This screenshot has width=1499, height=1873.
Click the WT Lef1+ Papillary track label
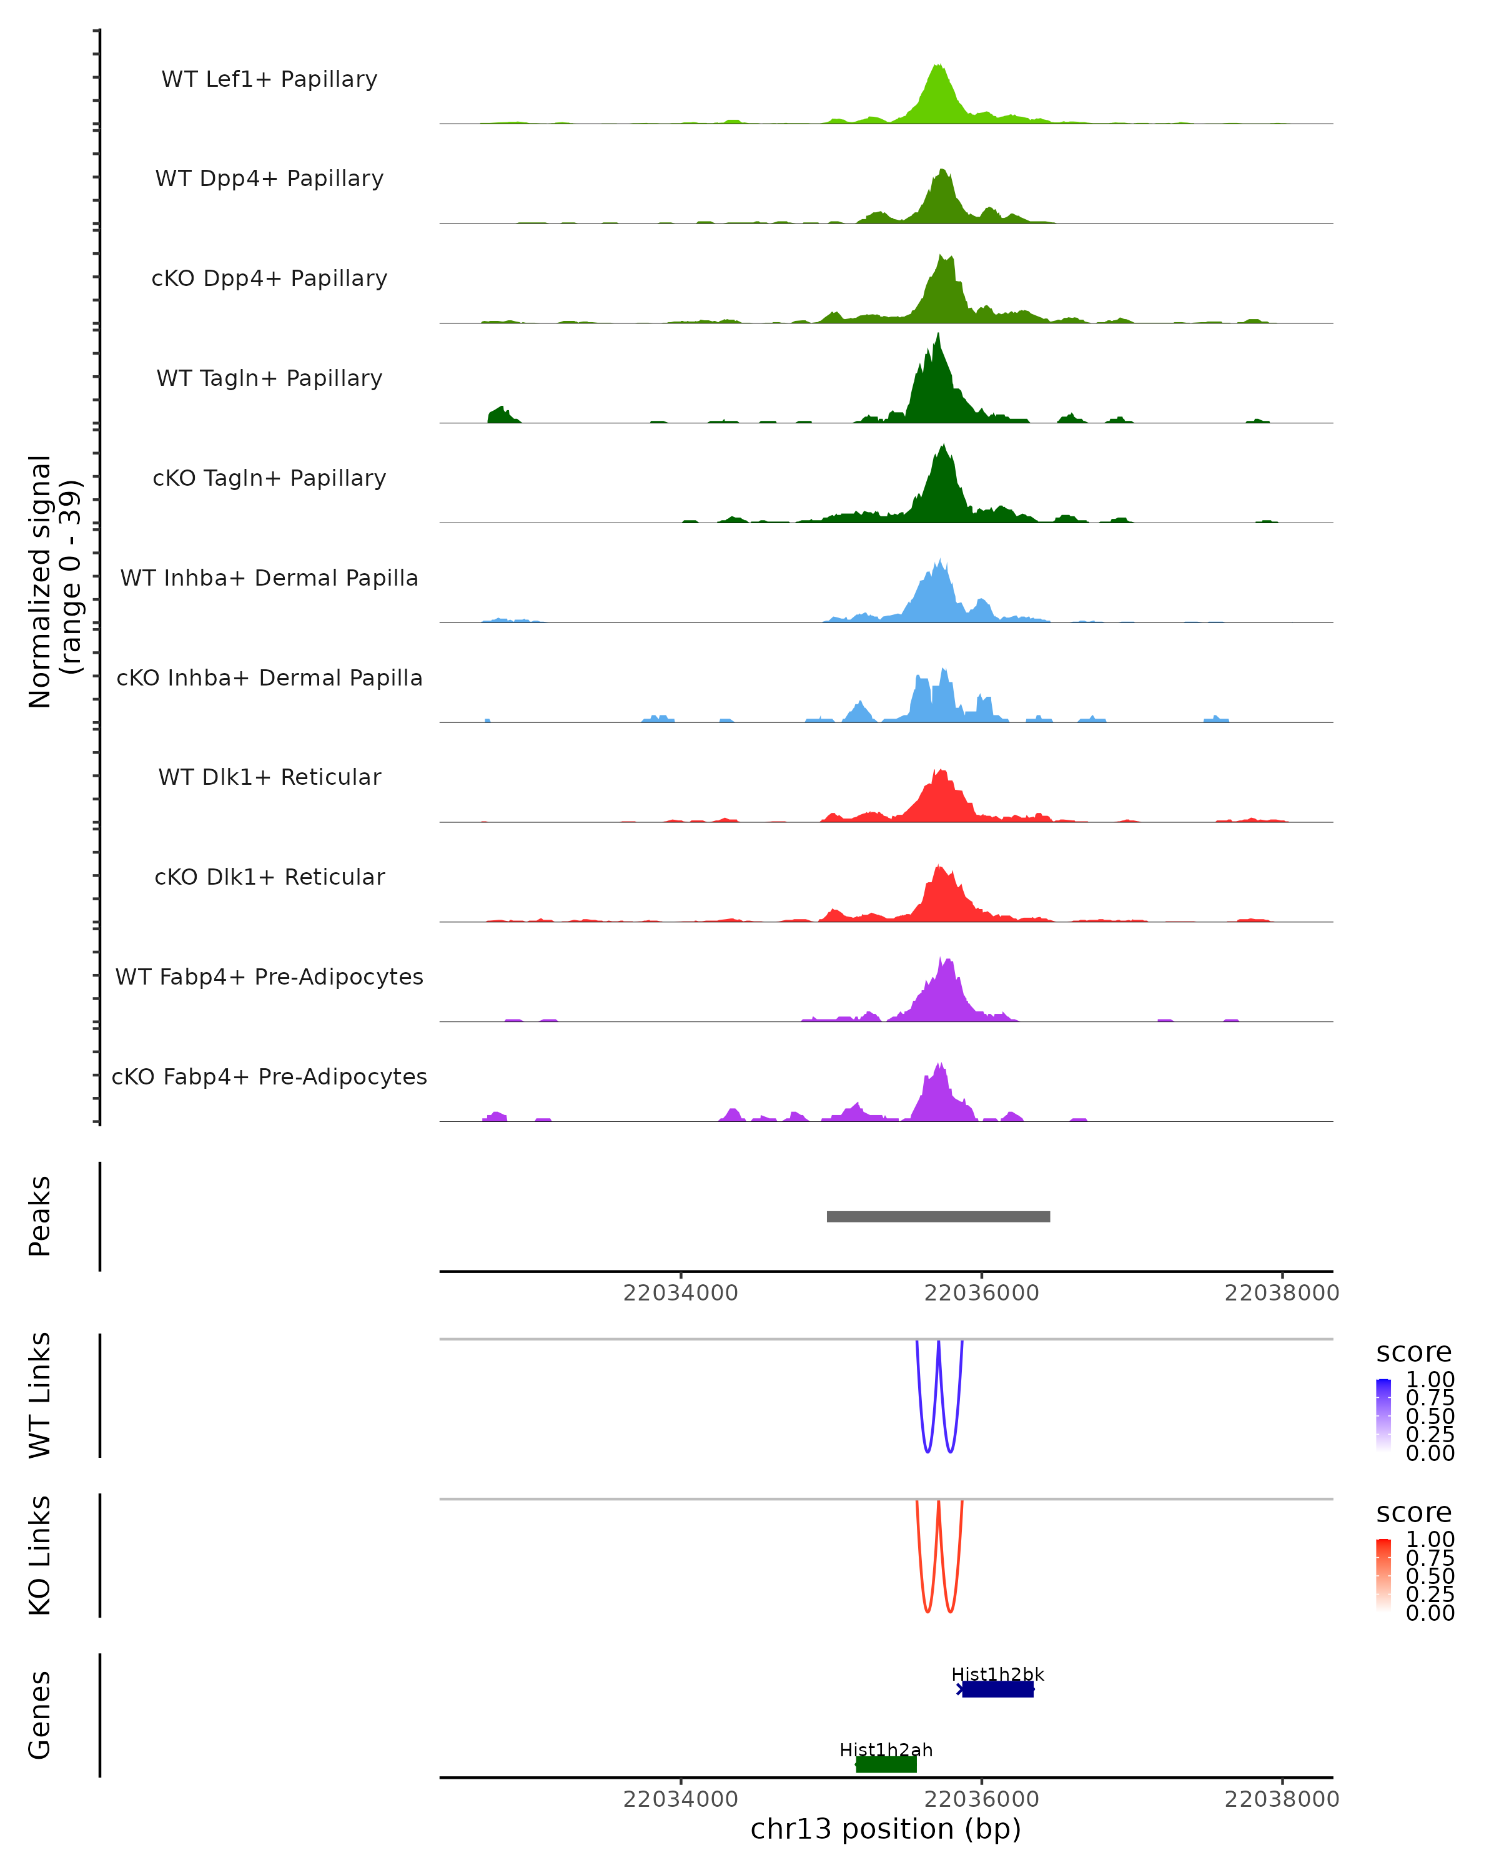pyautogui.click(x=269, y=79)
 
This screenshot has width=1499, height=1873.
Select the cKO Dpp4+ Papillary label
pyautogui.click(x=269, y=278)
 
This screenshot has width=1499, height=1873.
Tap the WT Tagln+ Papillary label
pyautogui.click(x=269, y=378)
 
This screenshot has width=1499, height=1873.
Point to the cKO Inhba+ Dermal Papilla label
pyautogui.click(x=269, y=677)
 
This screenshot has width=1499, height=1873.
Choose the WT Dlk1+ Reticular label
pyautogui.click(x=269, y=777)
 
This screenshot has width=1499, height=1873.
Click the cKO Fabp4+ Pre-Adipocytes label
pyautogui.click(x=269, y=1076)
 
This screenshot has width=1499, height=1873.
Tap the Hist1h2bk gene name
pyautogui.click(x=997, y=1674)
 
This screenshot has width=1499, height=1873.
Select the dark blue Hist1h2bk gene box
pyautogui.click(x=997, y=1689)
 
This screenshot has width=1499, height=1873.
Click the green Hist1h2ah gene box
pyautogui.click(x=886, y=1764)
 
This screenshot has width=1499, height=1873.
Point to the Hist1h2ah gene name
pyautogui.click(x=886, y=1749)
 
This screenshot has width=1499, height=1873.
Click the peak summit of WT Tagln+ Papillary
pyautogui.click(x=937, y=335)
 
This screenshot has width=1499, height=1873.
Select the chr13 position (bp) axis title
pyautogui.click(x=886, y=1829)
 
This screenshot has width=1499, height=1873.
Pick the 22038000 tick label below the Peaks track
pyautogui.click(x=1282, y=1293)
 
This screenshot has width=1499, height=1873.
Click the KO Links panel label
pyautogui.click(x=40, y=1555)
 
